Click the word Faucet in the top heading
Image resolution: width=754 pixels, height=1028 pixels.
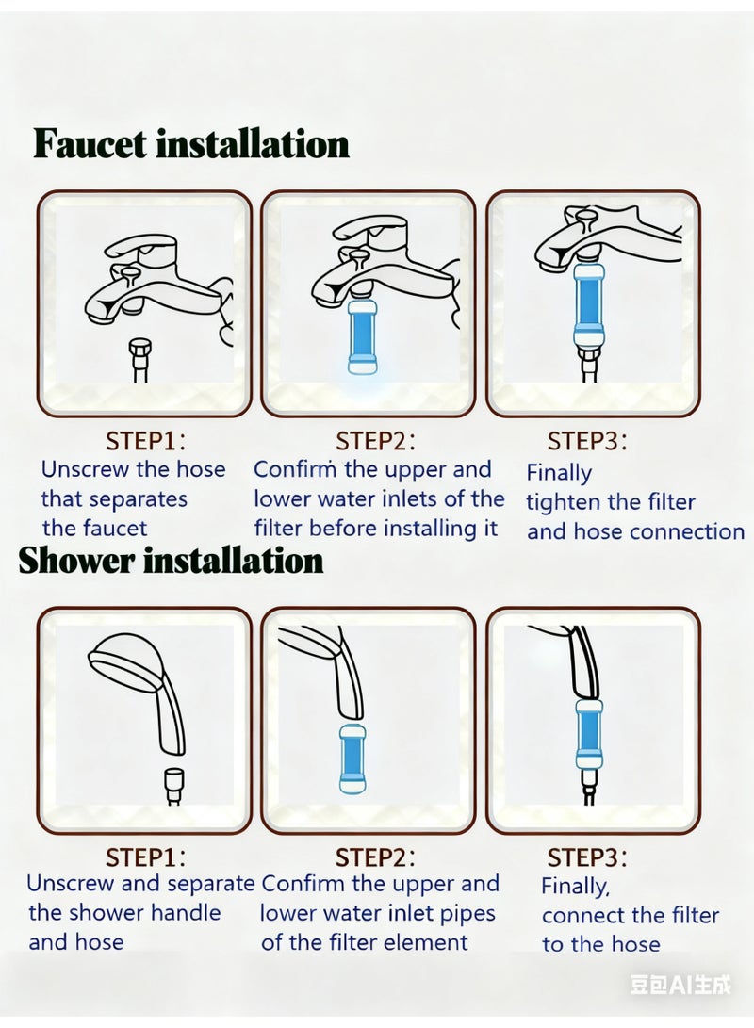click(90, 144)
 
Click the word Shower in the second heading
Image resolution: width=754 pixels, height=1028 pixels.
click(77, 561)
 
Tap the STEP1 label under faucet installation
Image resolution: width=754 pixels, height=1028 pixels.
click(145, 441)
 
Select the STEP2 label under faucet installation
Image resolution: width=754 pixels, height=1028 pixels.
click(375, 441)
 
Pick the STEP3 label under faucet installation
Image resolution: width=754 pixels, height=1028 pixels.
click(587, 441)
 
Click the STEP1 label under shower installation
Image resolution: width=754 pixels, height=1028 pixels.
click(145, 857)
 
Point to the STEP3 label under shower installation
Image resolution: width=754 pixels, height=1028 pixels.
click(587, 857)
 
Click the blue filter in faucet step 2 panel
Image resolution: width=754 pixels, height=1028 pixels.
click(363, 337)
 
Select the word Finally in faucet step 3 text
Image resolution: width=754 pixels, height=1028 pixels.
click(559, 473)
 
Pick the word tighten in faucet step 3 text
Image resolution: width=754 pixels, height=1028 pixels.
click(563, 502)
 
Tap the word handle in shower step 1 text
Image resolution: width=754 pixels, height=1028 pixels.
click(191, 912)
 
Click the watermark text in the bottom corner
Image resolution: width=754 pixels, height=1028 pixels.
click(680, 985)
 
